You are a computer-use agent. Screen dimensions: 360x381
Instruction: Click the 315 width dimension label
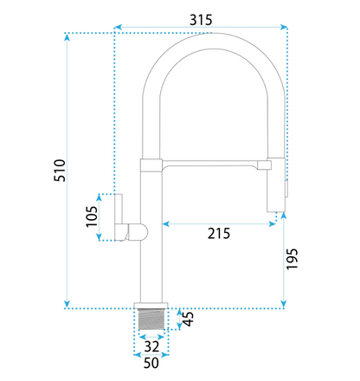(201, 20)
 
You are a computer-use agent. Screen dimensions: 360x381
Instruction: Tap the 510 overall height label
(60, 171)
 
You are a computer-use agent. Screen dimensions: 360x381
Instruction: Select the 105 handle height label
(92, 216)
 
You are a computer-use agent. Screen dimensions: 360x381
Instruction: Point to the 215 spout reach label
(219, 234)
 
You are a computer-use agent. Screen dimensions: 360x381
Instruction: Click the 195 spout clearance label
(292, 259)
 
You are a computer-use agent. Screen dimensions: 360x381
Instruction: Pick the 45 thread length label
(189, 320)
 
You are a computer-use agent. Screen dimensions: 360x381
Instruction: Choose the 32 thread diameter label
(151, 346)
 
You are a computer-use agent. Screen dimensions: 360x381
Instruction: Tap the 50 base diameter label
(151, 363)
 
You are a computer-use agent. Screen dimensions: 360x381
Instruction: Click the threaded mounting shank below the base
(151, 320)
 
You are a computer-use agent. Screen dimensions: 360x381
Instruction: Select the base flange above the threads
(151, 306)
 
